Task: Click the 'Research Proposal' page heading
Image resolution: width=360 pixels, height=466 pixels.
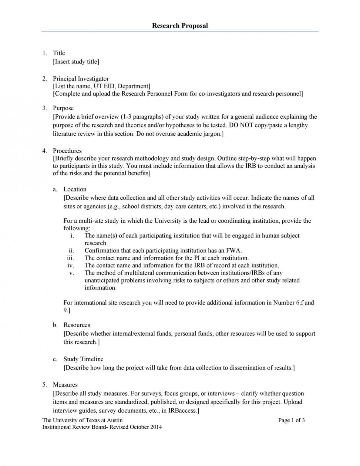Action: [180, 26]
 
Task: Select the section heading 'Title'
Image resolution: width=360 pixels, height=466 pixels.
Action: [59, 53]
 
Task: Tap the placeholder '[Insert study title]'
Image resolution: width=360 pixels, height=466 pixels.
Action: [76, 62]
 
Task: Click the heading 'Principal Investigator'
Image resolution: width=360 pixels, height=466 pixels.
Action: [81, 79]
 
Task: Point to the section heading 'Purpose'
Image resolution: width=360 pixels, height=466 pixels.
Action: [63, 108]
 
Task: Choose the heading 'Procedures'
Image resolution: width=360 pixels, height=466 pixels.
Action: [67, 151]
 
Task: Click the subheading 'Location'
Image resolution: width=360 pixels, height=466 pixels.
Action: [75, 189]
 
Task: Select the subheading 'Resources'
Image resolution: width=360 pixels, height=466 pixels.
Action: [77, 325]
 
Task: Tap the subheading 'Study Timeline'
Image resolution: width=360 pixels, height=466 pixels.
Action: [83, 359]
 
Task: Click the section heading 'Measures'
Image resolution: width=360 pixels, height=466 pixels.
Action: [65, 385]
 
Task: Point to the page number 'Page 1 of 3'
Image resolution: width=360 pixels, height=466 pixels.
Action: [291, 420]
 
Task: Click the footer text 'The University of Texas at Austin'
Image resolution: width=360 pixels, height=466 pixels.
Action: [82, 420]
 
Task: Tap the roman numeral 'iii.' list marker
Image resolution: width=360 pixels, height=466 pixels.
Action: [70, 258]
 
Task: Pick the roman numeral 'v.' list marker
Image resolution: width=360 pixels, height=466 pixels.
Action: [72, 273]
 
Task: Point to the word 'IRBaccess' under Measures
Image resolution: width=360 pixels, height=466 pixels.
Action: [182, 411]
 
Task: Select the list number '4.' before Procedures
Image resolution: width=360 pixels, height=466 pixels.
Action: [45, 151]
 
